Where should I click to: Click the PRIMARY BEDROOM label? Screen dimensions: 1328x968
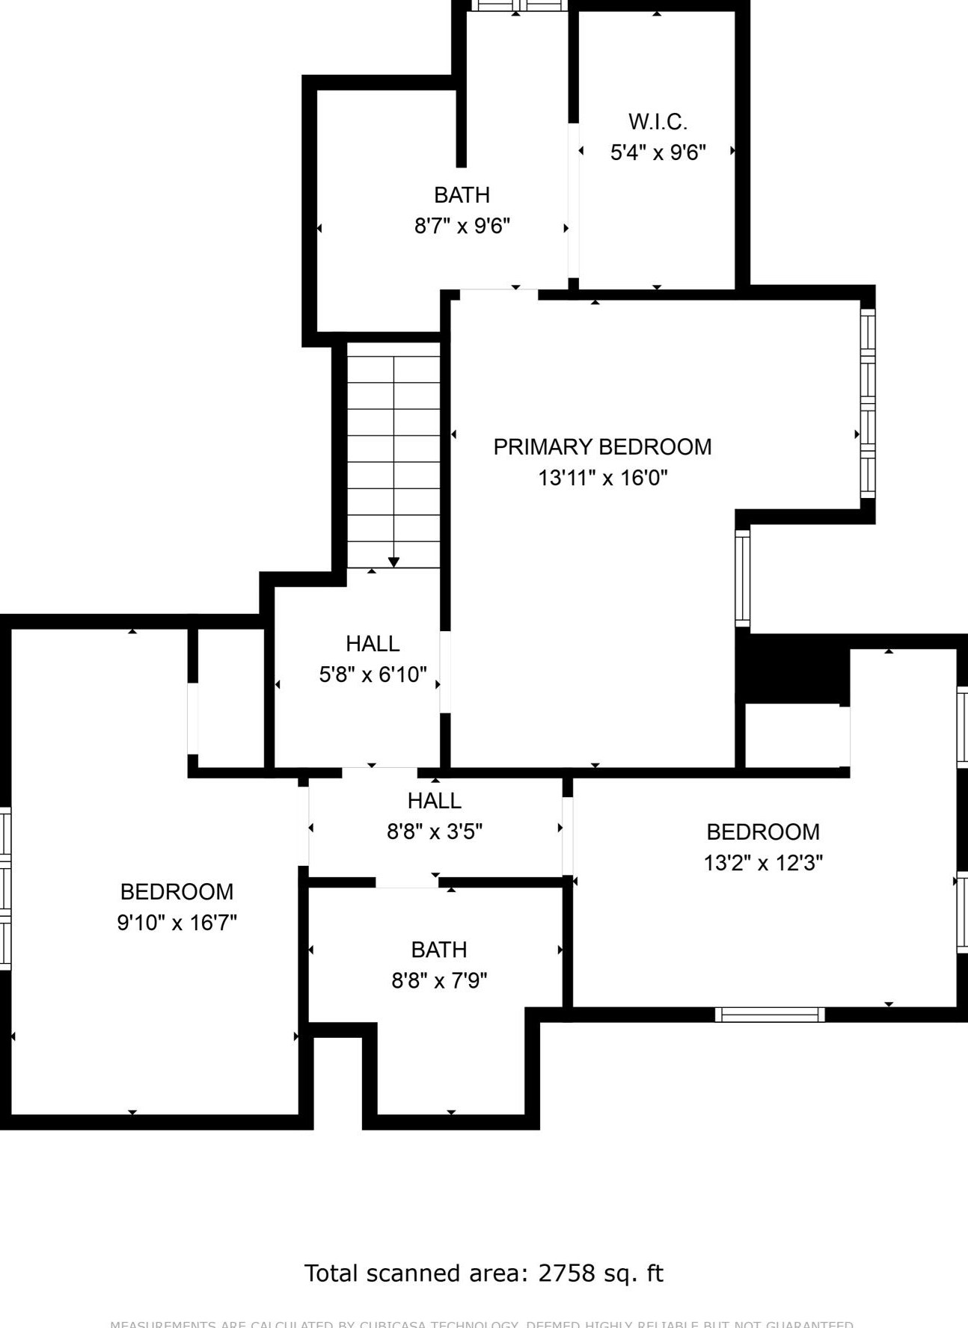coord(602,447)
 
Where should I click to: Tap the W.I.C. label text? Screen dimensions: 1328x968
coord(658,122)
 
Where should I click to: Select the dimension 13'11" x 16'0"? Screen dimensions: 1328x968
coord(602,478)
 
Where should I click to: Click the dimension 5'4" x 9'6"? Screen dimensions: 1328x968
coord(658,153)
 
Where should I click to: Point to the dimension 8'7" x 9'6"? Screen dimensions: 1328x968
coord(462,226)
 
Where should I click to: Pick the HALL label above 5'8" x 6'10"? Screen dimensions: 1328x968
coord(373,644)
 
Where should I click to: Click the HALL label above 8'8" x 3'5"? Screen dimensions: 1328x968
coord(434,801)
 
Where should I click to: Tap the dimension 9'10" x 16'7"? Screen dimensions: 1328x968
coord(177,923)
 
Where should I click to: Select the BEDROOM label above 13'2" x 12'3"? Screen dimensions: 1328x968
coord(763,832)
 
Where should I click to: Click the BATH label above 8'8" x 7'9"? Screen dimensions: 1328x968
coord(439,950)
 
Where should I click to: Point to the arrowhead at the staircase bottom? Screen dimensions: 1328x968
coord(393,562)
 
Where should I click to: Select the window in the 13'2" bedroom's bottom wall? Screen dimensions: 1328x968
coord(769,1015)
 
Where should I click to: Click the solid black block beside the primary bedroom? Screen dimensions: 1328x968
coord(791,668)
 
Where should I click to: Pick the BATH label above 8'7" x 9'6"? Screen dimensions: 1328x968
coord(462,195)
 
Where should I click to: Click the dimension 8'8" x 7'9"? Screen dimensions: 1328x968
coord(439,980)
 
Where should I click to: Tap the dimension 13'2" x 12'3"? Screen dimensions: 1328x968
coord(763,863)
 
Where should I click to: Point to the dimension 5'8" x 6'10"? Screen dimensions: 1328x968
coord(373,674)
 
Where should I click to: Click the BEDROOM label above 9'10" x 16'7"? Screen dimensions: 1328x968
coord(177,892)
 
